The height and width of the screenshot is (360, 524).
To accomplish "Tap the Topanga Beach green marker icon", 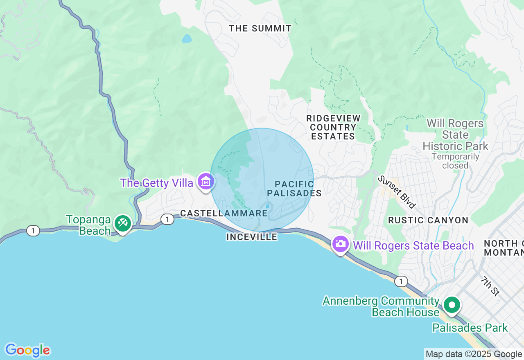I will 122,223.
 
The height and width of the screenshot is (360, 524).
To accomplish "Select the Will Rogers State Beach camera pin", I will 340,244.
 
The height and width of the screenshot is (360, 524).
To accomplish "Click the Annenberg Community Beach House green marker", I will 452,305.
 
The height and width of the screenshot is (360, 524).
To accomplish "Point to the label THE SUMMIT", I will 260,28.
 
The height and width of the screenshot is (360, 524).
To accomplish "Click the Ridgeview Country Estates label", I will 333,127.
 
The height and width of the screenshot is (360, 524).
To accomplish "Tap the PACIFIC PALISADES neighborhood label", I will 294,188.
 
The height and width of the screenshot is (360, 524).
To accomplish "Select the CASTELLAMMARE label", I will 224,213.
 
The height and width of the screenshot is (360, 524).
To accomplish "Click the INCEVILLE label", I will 251,237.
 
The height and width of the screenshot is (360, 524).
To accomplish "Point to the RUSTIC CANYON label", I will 428,220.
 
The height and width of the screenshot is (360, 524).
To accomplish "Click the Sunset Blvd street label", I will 396,191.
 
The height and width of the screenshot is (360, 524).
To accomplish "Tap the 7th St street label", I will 490,286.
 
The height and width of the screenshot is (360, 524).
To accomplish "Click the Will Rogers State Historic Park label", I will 455,135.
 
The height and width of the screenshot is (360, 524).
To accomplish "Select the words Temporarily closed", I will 455,161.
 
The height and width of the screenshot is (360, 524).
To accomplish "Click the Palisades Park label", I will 470,328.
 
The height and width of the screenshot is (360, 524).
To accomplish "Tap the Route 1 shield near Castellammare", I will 167,219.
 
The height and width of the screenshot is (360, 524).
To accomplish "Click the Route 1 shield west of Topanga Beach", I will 33,231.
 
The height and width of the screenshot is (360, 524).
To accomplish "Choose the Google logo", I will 27,350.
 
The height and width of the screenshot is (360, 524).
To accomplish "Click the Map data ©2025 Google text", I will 474,354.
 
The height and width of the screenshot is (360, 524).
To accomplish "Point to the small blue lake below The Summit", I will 187,39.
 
